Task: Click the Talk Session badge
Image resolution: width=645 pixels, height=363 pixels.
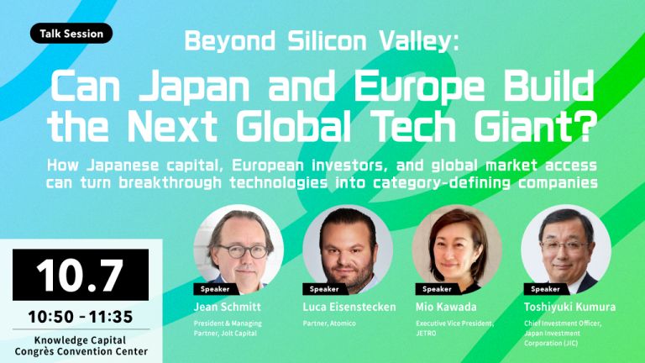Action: [x=71, y=34]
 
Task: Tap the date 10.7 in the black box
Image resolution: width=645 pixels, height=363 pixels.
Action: [x=81, y=275]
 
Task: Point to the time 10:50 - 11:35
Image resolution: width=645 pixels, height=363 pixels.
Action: [x=81, y=317]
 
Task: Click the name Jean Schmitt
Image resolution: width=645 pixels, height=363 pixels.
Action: [x=227, y=307]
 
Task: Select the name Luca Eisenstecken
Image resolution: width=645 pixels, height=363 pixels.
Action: [x=349, y=307]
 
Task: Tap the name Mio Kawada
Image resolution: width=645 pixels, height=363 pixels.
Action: [x=446, y=307]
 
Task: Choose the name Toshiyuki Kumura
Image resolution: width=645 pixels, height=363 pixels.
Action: [x=569, y=307]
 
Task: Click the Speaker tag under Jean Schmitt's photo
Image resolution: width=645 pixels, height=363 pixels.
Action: [x=215, y=289]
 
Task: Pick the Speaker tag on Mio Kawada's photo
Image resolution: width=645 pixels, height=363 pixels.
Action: [x=437, y=289]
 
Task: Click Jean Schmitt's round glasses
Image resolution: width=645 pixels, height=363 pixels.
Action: [x=243, y=250]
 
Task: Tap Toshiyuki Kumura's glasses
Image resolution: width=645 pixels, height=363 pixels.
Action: [x=564, y=246]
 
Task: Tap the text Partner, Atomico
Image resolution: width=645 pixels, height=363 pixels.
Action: [x=329, y=324]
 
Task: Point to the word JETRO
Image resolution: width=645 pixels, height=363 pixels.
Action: [x=426, y=334]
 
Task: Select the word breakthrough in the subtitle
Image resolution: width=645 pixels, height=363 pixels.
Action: [x=170, y=182]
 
